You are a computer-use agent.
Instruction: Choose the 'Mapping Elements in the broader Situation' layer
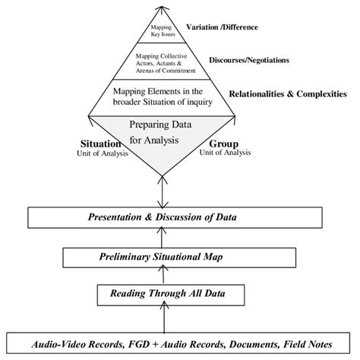pyautogui.click(x=160, y=98)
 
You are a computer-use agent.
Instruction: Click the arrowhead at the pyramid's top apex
pyautogui.click(x=159, y=5)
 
